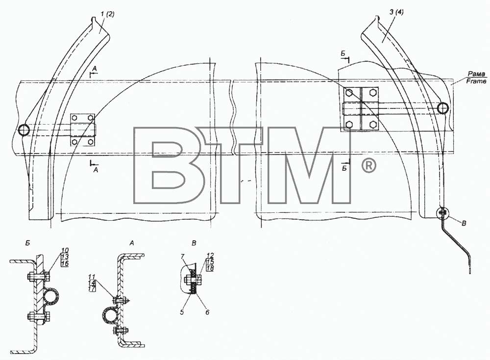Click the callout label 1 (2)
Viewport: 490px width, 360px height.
coord(108,14)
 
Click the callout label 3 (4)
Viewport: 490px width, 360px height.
coord(396,13)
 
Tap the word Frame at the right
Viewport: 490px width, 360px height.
coord(476,81)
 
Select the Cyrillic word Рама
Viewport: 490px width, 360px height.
coord(477,74)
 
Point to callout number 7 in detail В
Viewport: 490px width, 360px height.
coord(182,257)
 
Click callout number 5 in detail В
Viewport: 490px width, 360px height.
coord(182,312)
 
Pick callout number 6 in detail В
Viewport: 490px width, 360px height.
coord(207,312)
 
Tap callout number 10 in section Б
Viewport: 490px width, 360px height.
coord(65,250)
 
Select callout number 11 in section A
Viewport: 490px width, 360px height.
coord(92,277)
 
